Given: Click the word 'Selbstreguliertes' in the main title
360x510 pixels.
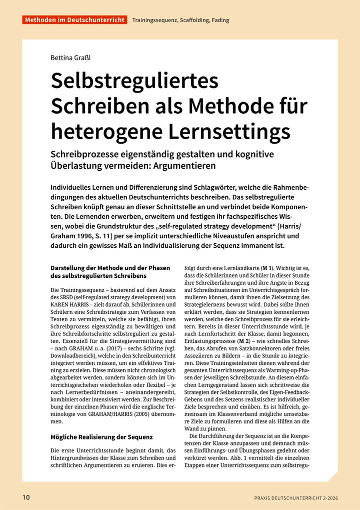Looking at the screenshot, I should (x=135, y=81).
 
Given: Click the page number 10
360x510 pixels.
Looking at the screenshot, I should (x=26, y=497).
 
